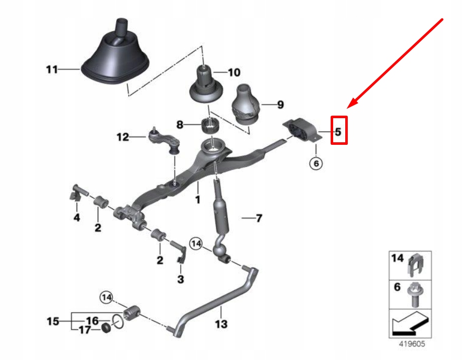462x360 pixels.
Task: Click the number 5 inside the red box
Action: coord(338,132)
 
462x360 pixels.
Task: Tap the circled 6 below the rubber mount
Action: coord(316,163)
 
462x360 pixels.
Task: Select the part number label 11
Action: coord(52,70)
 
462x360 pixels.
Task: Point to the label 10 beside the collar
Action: coord(234,72)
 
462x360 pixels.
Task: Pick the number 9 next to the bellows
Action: coord(280,105)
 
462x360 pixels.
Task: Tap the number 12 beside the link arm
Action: coord(123,137)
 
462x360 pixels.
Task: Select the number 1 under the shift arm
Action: coord(198,200)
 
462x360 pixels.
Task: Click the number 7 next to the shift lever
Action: coord(259,218)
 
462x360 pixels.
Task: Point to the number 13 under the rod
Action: coord(221,324)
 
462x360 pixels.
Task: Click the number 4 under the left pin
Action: coord(76,218)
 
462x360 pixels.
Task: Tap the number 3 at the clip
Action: coord(181,279)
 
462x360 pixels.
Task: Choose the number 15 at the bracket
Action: coord(53,321)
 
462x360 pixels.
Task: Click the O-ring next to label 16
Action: coord(118,321)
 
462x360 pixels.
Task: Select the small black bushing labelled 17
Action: coord(106,328)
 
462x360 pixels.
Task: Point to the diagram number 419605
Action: coord(412,344)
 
